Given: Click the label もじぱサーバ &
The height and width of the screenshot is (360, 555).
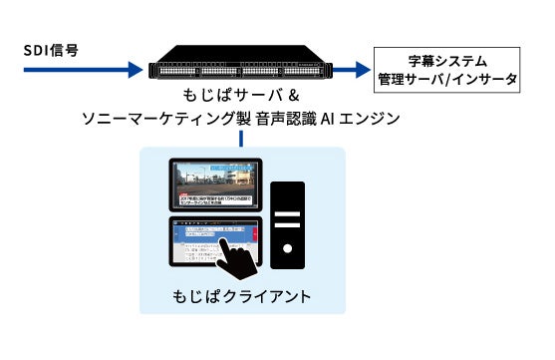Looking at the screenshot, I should click(242, 97).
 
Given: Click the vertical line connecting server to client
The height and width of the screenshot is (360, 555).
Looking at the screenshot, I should click(242, 139).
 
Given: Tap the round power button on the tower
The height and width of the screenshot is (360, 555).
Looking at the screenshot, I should click(288, 247).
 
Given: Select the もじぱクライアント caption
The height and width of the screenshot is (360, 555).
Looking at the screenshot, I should click(242, 296).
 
